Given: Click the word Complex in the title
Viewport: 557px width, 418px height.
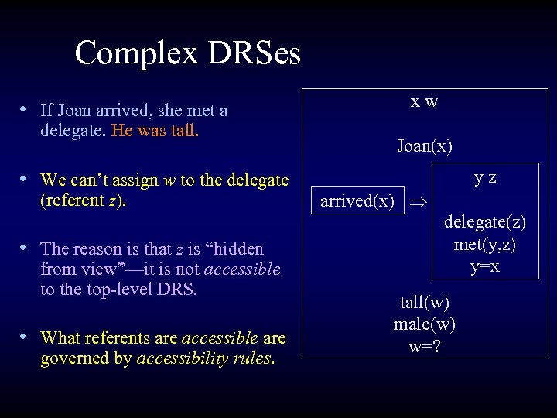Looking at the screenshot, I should [x=138, y=53].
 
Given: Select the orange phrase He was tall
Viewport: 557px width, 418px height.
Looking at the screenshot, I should [x=155, y=131].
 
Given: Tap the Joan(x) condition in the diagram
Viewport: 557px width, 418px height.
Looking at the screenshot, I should [x=425, y=146].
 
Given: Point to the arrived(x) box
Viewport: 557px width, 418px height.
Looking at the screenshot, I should [x=357, y=202].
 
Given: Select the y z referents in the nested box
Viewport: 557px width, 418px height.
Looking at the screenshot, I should [x=485, y=177].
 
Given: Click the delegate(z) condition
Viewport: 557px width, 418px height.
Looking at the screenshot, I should [x=485, y=222].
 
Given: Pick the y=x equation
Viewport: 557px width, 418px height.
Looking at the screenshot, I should [x=485, y=266].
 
